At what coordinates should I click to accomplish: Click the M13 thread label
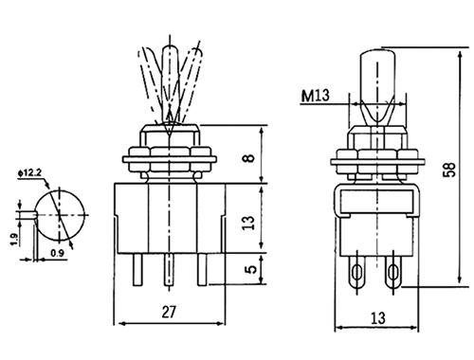pyautogui.click(x=315, y=96)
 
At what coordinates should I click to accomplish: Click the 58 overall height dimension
pyautogui.click(x=450, y=170)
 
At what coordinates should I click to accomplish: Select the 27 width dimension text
pyautogui.click(x=169, y=312)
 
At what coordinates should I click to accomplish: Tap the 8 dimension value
pyautogui.click(x=249, y=157)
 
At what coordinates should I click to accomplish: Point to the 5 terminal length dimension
pyautogui.click(x=250, y=269)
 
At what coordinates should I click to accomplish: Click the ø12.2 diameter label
pyautogui.click(x=30, y=172)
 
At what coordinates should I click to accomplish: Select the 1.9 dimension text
pyautogui.click(x=14, y=240)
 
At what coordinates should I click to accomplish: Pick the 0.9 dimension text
pyautogui.click(x=57, y=253)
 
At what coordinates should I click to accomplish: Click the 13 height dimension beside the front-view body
pyautogui.click(x=249, y=223)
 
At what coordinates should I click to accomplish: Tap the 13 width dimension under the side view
pyautogui.click(x=378, y=318)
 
